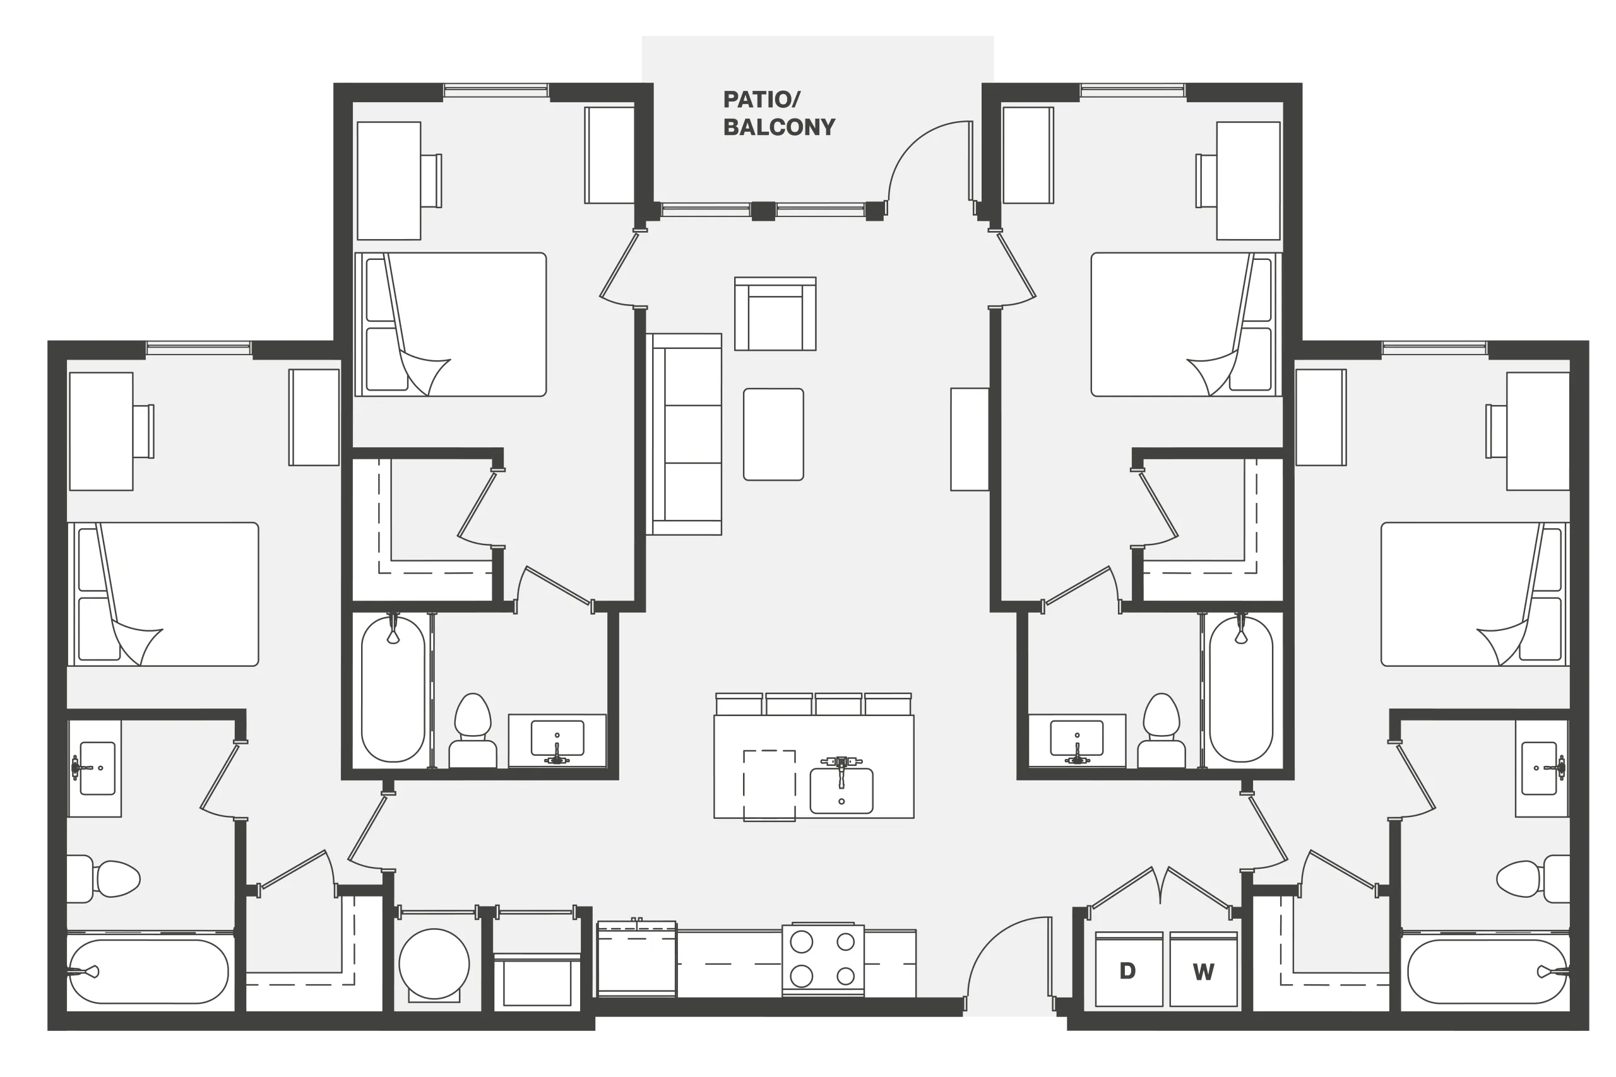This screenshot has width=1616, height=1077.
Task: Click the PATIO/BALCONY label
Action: (779, 114)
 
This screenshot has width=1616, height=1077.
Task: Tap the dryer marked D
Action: (1129, 969)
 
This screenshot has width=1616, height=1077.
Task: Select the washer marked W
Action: (1203, 969)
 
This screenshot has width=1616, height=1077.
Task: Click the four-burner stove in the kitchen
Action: (823, 960)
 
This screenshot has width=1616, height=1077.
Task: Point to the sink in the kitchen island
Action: (841, 790)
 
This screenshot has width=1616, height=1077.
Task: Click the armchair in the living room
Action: (775, 314)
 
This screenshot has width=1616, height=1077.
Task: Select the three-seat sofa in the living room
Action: (684, 434)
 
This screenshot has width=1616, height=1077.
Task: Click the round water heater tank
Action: (434, 963)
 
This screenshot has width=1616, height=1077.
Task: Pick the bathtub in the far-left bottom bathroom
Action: (148, 971)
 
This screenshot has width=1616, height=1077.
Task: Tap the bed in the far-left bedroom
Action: (163, 594)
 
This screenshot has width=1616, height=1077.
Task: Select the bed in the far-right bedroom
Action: (1475, 594)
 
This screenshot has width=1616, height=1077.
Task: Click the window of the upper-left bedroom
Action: (496, 90)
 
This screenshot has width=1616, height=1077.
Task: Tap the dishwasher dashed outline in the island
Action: (769, 785)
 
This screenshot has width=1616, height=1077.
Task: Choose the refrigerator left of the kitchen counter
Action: (636, 959)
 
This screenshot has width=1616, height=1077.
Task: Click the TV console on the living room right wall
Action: (970, 440)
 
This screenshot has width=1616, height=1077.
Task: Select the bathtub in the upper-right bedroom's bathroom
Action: (1240, 689)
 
